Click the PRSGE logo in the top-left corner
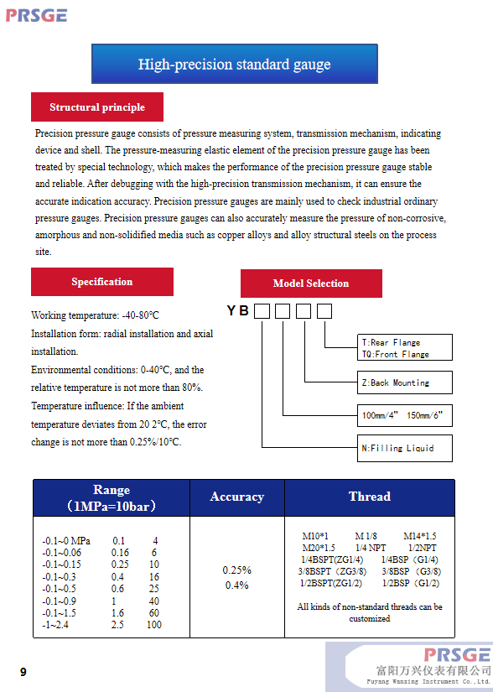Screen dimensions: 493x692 [36, 15]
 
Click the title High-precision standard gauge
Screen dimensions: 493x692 [235, 64]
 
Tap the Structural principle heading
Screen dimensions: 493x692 [97, 107]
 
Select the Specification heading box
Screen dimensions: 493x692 [101, 282]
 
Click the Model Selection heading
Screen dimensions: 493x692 [311, 284]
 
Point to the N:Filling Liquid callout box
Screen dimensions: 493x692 [404, 449]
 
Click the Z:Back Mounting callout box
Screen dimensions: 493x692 [404, 382]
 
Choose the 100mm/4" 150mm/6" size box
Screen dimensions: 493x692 [404, 415]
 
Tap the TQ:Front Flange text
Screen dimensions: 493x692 [395, 354]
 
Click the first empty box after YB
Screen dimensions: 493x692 [262, 311]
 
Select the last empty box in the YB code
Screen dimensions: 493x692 [324, 311]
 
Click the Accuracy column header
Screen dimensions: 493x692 [237, 497]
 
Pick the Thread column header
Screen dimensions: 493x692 [370, 497]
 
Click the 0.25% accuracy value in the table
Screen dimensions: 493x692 [236, 570]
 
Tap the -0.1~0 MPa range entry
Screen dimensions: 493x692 [66, 541]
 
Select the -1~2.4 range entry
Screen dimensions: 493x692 [55, 624]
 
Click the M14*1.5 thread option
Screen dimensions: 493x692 [420, 536]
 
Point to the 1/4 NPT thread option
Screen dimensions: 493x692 [371, 548]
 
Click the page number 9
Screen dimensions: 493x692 [23, 672]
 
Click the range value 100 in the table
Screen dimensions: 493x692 [154, 624]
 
